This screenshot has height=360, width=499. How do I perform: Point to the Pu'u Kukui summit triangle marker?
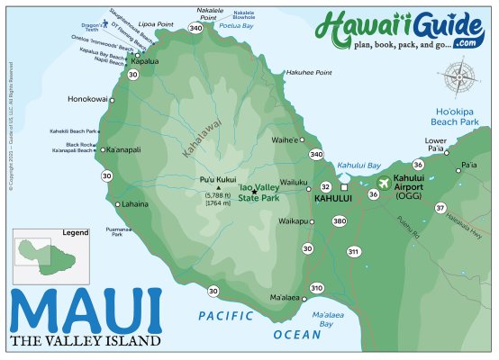[x=218, y=188]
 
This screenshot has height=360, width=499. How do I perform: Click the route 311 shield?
[x=352, y=251]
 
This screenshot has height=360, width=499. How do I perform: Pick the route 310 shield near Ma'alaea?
[x=316, y=288]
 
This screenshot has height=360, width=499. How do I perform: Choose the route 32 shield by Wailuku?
[x=325, y=186]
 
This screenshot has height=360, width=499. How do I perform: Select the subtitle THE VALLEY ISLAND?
[x=85, y=341]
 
